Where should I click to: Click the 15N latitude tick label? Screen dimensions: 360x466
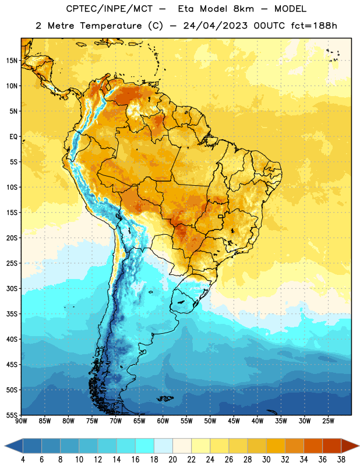tap(12, 61)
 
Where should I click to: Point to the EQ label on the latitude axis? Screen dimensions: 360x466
tap(13, 137)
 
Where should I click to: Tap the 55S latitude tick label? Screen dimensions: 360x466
tap(12, 415)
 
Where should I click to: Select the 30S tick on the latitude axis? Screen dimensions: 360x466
tap(12, 288)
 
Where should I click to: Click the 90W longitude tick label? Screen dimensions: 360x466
tap(21, 421)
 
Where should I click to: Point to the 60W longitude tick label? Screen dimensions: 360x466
tap(163, 421)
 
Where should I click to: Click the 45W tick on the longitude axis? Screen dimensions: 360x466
tap(234, 421)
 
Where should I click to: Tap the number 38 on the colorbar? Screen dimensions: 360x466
tap(341, 460)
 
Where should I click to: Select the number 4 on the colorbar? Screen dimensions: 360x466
tap(23, 460)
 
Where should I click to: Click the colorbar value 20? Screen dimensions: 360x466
tap(172, 460)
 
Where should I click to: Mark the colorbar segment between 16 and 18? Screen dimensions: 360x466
tap(145, 446)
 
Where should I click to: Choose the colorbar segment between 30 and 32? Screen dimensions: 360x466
tap(276, 446)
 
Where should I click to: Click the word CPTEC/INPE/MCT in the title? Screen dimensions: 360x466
tap(110, 9)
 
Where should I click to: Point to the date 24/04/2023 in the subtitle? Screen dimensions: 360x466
tap(215, 26)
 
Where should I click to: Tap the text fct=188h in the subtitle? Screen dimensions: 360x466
tap(314, 26)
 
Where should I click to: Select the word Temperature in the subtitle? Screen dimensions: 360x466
tap(111, 26)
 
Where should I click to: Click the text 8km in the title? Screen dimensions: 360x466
tap(243, 9)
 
